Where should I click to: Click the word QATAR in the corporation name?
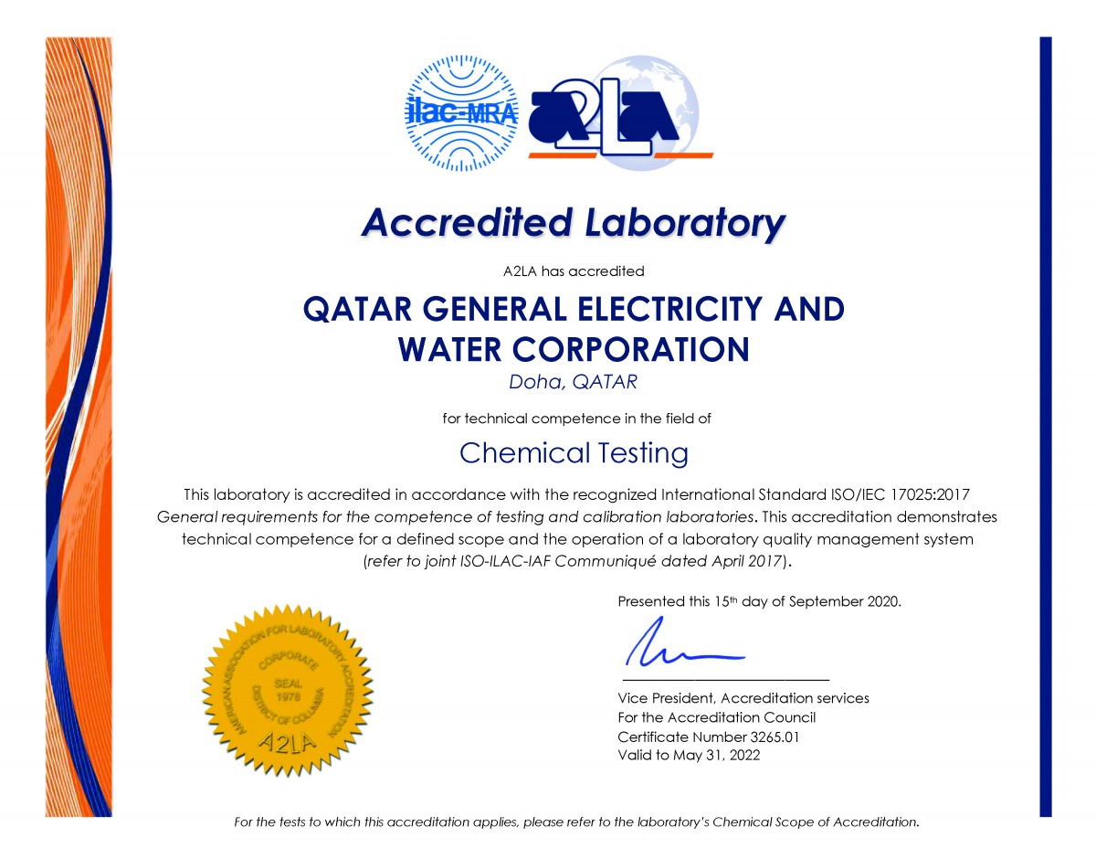pyautogui.click(x=350, y=309)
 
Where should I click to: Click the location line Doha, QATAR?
pyautogui.click(x=573, y=383)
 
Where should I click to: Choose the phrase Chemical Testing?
pyautogui.click(x=574, y=452)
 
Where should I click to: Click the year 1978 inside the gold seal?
pyautogui.click(x=289, y=695)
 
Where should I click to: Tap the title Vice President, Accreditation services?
pyautogui.click(x=743, y=698)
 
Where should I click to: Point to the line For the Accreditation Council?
pyautogui.click(x=716, y=717)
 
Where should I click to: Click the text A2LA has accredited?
pyautogui.click(x=574, y=270)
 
